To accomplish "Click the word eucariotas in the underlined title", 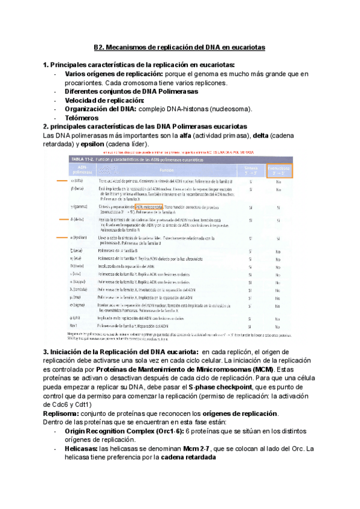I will [246, 46].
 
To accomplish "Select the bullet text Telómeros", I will [82, 118].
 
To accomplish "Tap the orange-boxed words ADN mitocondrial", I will [146, 206].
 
